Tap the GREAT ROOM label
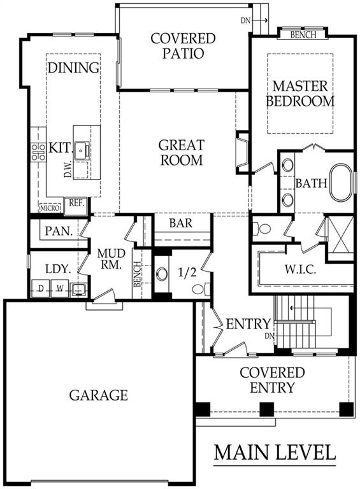tap(181, 152)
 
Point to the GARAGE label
tap(98, 395)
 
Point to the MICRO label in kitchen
tap(49, 208)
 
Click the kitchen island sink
tap(81, 151)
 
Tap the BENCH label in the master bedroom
tap(302, 34)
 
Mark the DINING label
tap(73, 67)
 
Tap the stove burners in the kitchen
tap(38, 151)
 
